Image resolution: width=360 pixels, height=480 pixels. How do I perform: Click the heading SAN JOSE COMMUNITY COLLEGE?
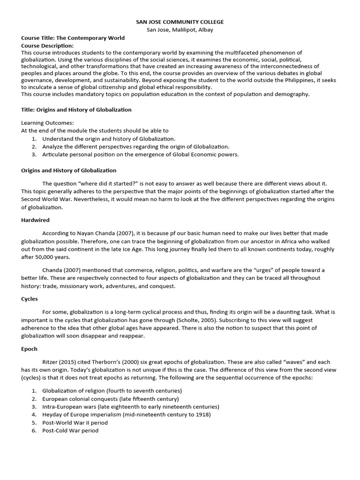click(x=180, y=22)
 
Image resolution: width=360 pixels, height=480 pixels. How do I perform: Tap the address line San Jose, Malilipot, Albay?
click(x=180, y=30)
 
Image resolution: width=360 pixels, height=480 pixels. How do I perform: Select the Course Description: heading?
click(x=47, y=45)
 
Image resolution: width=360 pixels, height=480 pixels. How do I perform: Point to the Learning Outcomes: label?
click(x=47, y=123)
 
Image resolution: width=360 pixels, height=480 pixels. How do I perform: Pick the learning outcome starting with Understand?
click(x=108, y=139)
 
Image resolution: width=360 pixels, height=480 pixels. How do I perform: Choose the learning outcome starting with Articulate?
click(x=140, y=154)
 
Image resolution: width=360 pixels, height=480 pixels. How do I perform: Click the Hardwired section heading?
click(x=35, y=219)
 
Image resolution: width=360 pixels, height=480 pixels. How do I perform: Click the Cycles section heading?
click(x=30, y=298)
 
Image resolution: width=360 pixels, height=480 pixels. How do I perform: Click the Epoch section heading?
click(x=29, y=349)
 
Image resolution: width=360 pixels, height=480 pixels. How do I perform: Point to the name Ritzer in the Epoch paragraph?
click(x=51, y=362)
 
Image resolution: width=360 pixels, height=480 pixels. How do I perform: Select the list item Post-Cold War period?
click(x=70, y=430)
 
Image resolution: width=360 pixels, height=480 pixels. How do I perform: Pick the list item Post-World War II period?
click(x=75, y=422)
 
